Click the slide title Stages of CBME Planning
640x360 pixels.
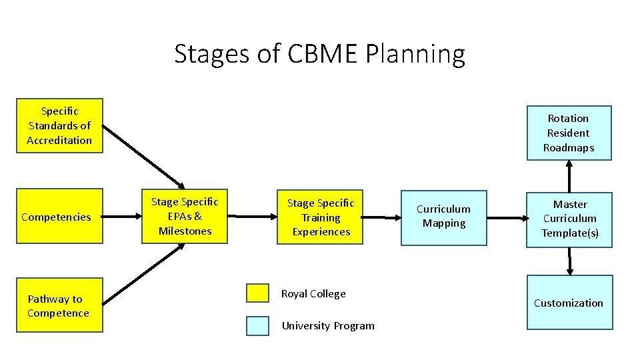coord(319,54)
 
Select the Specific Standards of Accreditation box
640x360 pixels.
coord(59,126)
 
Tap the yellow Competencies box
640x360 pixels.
coord(59,217)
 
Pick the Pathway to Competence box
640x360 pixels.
coord(59,306)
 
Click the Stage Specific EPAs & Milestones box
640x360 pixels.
coord(185,217)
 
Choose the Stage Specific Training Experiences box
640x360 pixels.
coord(320,217)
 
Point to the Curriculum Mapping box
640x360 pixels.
coord(443,217)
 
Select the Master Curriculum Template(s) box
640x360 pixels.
coord(569,219)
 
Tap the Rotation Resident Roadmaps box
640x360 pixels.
coord(569,133)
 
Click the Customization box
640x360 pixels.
coord(569,303)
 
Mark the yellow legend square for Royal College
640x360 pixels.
coord(257,293)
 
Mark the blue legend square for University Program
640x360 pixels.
coord(257,325)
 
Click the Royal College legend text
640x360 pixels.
coord(313,294)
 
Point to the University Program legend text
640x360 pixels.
coord(328,326)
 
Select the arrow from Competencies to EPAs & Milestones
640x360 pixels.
coord(122,217)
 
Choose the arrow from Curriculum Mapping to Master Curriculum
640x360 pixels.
coord(507,217)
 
